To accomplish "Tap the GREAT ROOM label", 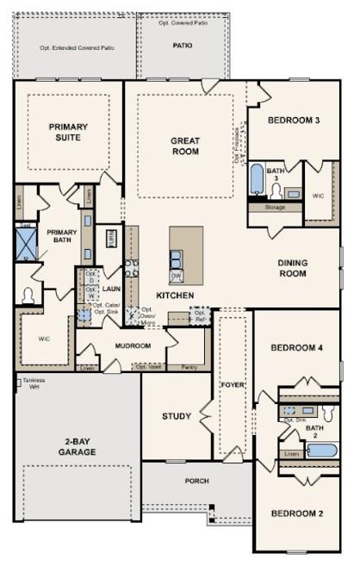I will tap(184, 146).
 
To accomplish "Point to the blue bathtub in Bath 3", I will tap(257, 180).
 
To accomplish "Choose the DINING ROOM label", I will tap(293, 268).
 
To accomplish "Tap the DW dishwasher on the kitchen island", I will tap(177, 276).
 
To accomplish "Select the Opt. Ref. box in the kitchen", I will tap(200, 315).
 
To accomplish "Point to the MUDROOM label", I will tap(133, 345).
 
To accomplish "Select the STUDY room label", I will tap(177, 416).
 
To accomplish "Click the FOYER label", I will tap(231, 383).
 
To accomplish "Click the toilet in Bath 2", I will tap(330, 412).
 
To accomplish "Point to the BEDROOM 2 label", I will tap(297, 513).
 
